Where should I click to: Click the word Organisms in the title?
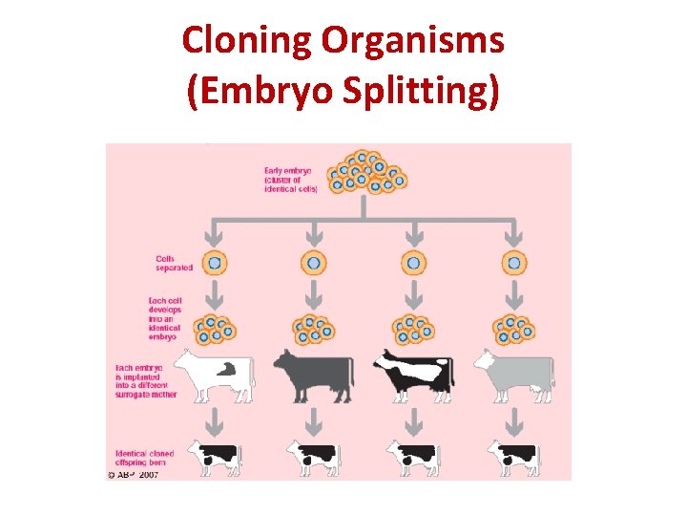pos(412,41)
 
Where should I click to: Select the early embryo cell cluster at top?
pos(366,172)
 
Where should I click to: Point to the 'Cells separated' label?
pos(174,262)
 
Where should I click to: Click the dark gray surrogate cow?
pos(313,374)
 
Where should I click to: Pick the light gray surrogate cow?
pos(514,374)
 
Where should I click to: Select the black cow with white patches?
pos(413,374)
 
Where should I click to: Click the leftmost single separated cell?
pos(215,262)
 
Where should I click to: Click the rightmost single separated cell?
pos(514,262)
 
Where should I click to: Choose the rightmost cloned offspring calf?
pos(515,456)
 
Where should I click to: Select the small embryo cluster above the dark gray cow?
pos(314,327)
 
